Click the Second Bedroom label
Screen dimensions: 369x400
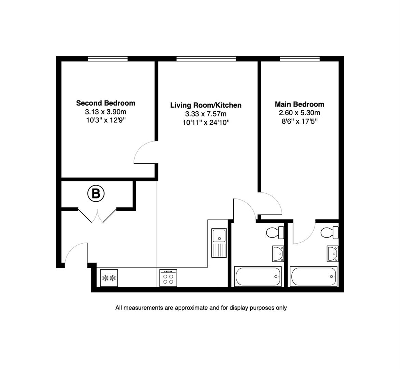(106, 103)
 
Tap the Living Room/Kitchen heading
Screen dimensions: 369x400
(206, 105)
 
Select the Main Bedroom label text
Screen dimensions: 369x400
(299, 104)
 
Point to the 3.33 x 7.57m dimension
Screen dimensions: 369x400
(206, 114)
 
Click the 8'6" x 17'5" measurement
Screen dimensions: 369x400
(299, 122)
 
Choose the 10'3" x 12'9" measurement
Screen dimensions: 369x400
(106, 120)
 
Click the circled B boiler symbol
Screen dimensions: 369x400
(96, 194)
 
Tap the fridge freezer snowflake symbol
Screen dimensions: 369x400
(109, 278)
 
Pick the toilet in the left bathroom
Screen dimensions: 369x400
(275, 233)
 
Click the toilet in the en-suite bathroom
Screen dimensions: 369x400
(330, 233)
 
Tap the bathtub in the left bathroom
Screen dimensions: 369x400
(258, 276)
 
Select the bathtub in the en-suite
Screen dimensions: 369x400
(313, 276)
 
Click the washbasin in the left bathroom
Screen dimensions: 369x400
(278, 254)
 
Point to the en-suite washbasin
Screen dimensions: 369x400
(332, 254)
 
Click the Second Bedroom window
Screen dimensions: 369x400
(108, 59)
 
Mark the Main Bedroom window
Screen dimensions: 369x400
(300, 59)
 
